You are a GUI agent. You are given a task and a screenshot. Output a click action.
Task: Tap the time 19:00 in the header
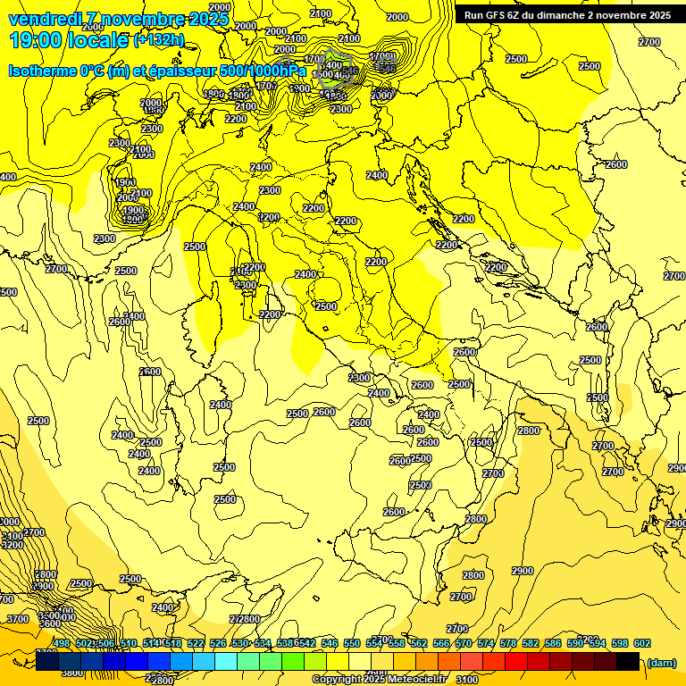38,40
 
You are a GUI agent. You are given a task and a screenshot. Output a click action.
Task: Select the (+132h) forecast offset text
159,40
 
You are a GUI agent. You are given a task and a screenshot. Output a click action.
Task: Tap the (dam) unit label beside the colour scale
661,662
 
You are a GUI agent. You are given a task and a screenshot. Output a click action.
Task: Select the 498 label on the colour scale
62,643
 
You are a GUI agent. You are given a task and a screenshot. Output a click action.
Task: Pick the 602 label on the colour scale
641,643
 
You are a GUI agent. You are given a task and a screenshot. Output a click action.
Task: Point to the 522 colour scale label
195,643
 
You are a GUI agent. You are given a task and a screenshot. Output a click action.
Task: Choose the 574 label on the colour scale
485,643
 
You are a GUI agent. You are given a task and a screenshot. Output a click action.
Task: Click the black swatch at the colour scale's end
628,661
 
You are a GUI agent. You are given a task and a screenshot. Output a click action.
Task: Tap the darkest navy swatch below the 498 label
47,661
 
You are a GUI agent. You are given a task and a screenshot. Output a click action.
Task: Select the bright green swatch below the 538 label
293,661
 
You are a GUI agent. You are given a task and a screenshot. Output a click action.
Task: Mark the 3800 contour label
71,673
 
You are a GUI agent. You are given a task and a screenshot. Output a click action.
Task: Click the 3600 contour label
49,623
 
